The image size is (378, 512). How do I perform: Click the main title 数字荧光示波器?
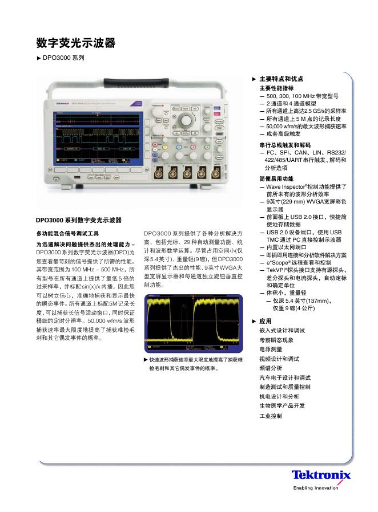[x=76, y=43]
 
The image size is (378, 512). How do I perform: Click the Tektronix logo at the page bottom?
[x=321, y=476]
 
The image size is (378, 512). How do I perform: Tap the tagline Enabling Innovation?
[x=316, y=488]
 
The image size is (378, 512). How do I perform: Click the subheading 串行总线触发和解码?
[x=285, y=145]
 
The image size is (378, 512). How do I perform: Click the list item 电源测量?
[x=271, y=349]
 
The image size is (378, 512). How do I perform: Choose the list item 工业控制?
[x=271, y=416]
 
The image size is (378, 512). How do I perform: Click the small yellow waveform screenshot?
[x=195, y=322]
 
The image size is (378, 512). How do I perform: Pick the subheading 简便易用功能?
[x=276, y=178]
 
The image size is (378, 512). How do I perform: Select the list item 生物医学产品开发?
[x=283, y=406]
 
